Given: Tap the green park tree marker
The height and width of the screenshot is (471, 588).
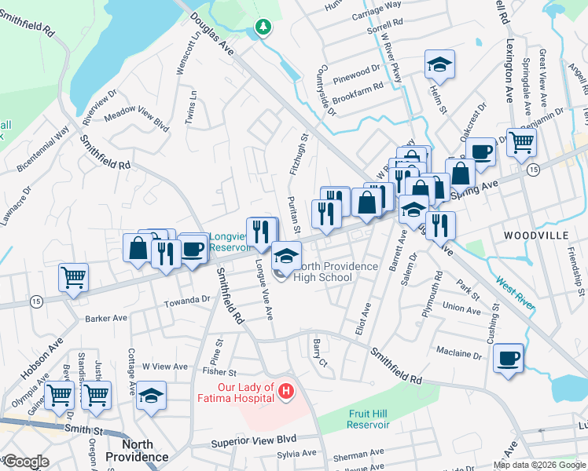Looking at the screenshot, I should (263, 28).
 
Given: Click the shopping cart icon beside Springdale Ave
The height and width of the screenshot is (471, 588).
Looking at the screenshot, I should (520, 143).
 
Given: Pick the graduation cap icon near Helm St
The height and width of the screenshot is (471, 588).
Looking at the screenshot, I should (440, 64).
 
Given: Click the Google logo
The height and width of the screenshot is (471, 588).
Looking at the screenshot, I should (25, 462).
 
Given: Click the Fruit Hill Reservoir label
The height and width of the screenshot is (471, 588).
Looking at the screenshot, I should (369, 418).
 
